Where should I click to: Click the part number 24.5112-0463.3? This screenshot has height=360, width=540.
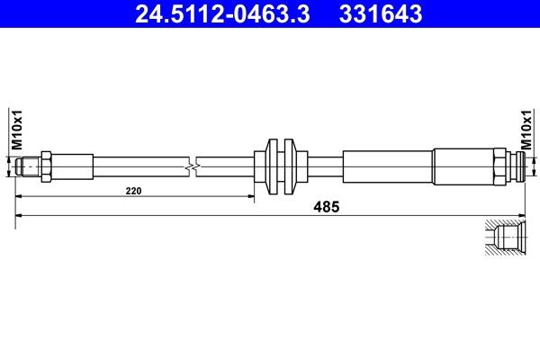pos(222,13)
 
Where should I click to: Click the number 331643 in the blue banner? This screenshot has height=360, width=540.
pos(381,13)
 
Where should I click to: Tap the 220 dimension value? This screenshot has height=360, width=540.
pos(133,191)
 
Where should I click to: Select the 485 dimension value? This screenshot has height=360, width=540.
pos(327,207)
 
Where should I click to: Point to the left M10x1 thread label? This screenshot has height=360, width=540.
pos(17,130)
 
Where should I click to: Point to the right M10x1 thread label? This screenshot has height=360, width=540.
pos(526,130)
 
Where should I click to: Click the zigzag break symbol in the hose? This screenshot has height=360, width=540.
pos(193,167)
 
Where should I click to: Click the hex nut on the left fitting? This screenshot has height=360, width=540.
pos(46,166)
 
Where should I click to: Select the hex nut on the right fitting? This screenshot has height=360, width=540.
pos(499,166)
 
